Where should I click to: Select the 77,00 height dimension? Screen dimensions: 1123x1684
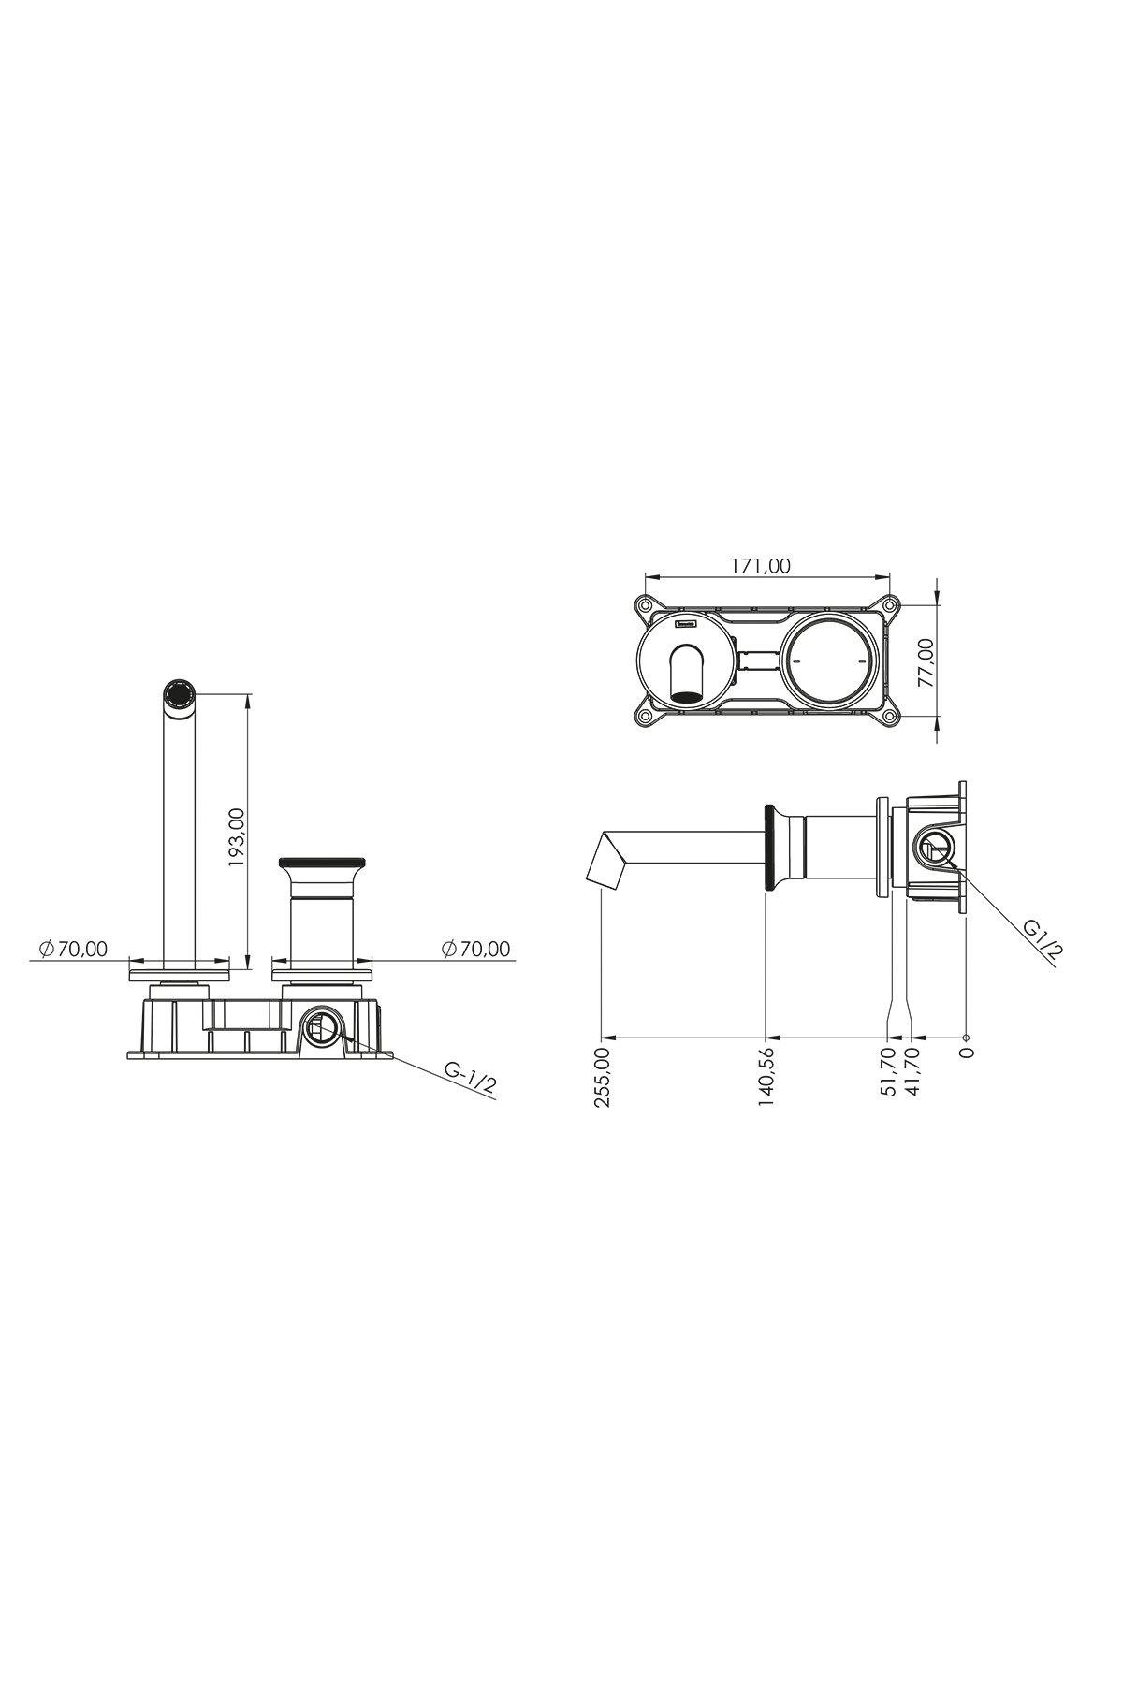click(x=926, y=662)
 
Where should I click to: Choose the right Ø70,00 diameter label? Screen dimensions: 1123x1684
click(x=476, y=949)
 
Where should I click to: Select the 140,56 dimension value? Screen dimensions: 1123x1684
click(x=766, y=1078)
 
